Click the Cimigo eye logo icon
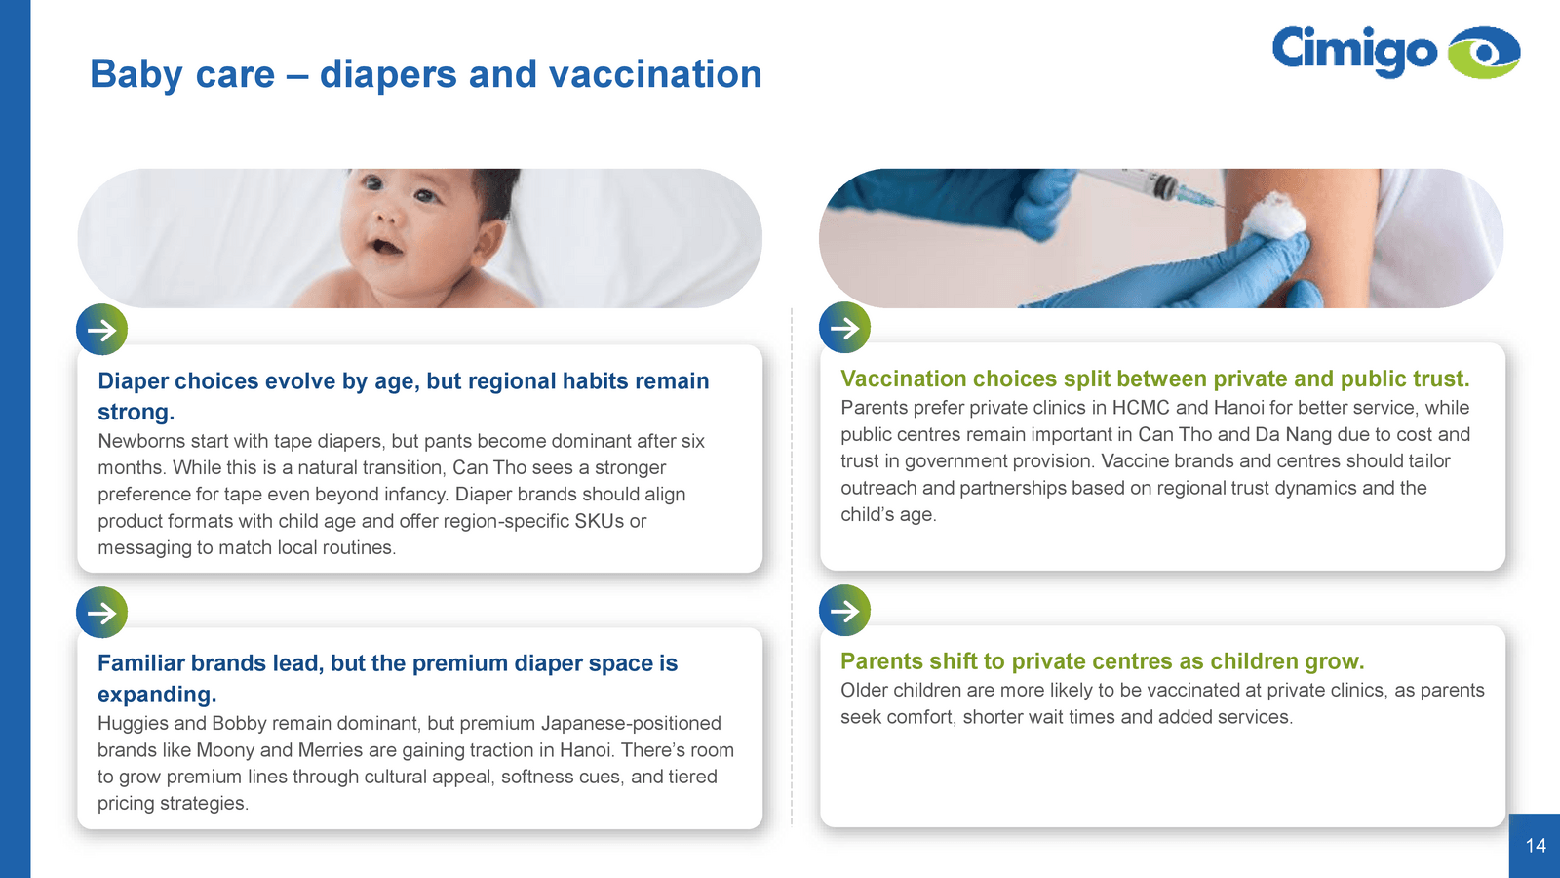coord(1483,53)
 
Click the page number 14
coord(1536,845)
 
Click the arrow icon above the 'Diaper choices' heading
coord(101,330)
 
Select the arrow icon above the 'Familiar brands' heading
coord(101,613)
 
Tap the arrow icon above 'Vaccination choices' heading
coord(844,328)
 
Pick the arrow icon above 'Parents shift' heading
coord(844,611)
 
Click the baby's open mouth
coord(385,247)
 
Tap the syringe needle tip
coord(1232,207)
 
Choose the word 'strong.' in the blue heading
coord(136,412)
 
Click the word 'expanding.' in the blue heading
coord(157,695)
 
